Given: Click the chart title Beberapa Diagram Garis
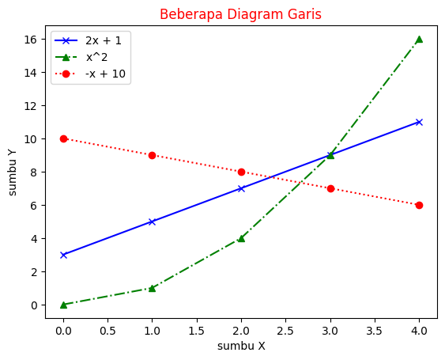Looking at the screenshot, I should point(240,14).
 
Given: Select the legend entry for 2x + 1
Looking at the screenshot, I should point(103,40).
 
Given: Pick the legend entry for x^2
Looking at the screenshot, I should point(98,57).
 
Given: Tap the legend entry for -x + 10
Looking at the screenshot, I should point(106,74).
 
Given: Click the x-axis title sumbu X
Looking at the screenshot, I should point(240,346).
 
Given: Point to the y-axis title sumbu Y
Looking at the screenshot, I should point(13,172).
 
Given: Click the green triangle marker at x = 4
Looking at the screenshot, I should point(419,39).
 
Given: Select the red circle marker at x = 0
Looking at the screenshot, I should point(63,138).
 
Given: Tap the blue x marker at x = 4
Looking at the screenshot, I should point(419,122).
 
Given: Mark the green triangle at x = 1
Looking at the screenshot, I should point(152,288).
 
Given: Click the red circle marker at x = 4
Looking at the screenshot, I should point(419,205).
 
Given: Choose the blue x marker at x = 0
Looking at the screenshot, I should point(63,255).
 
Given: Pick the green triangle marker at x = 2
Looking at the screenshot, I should point(241,238).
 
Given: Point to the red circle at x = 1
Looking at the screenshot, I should point(152,155).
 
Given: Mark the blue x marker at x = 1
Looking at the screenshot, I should point(152,222).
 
